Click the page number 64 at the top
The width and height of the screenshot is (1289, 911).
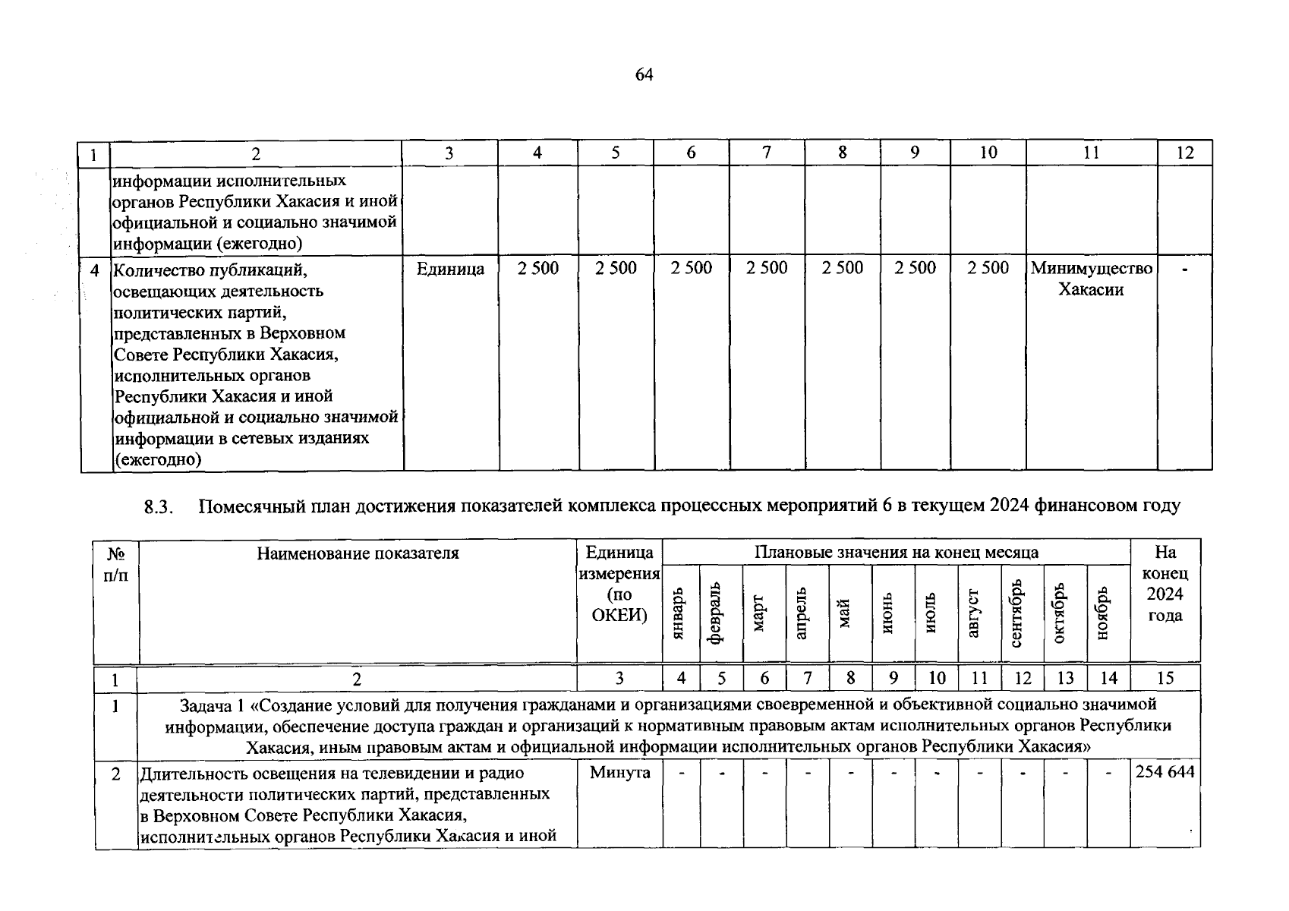[x=643, y=75]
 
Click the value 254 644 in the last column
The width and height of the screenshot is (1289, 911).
[x=1165, y=773]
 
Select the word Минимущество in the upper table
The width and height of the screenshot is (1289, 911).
[x=1091, y=269]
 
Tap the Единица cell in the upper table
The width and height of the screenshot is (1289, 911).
[x=450, y=269]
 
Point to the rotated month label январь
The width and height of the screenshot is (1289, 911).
[x=679, y=613]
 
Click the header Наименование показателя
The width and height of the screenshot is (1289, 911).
[x=358, y=553]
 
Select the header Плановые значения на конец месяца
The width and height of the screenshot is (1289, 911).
[x=896, y=553]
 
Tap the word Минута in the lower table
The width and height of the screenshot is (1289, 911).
[x=619, y=773]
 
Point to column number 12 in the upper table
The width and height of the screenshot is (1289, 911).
[x=1184, y=153]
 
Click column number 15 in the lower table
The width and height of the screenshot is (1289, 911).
[x=1165, y=678]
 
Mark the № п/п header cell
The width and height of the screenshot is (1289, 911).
[x=116, y=564]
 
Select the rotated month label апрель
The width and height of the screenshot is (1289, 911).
[x=801, y=613]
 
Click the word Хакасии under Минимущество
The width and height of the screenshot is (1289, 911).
[x=1091, y=290]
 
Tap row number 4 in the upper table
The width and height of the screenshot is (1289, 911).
[x=95, y=270]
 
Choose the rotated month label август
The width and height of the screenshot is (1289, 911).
[x=975, y=613]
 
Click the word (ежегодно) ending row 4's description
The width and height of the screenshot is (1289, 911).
[x=157, y=459]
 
